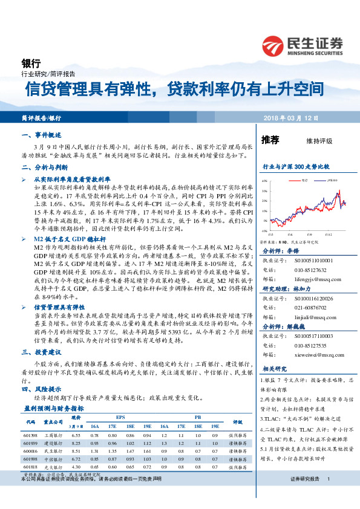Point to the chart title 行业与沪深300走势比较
point(296,166)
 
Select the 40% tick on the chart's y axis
point(264,181)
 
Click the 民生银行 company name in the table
point(54,451)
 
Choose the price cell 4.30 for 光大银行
point(76,467)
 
